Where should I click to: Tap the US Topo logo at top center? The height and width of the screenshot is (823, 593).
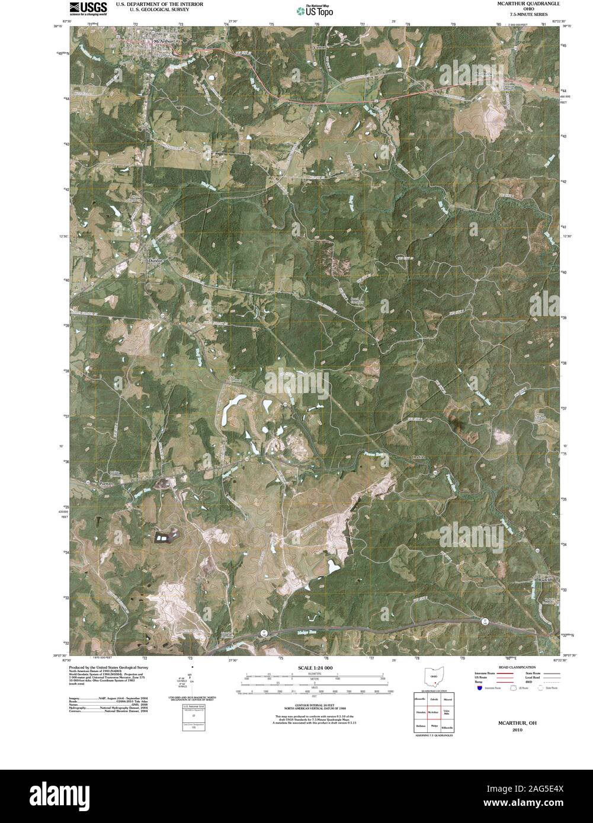[315, 9]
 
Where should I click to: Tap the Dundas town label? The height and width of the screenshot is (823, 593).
[155, 260]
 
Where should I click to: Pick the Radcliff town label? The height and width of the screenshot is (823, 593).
[545, 578]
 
